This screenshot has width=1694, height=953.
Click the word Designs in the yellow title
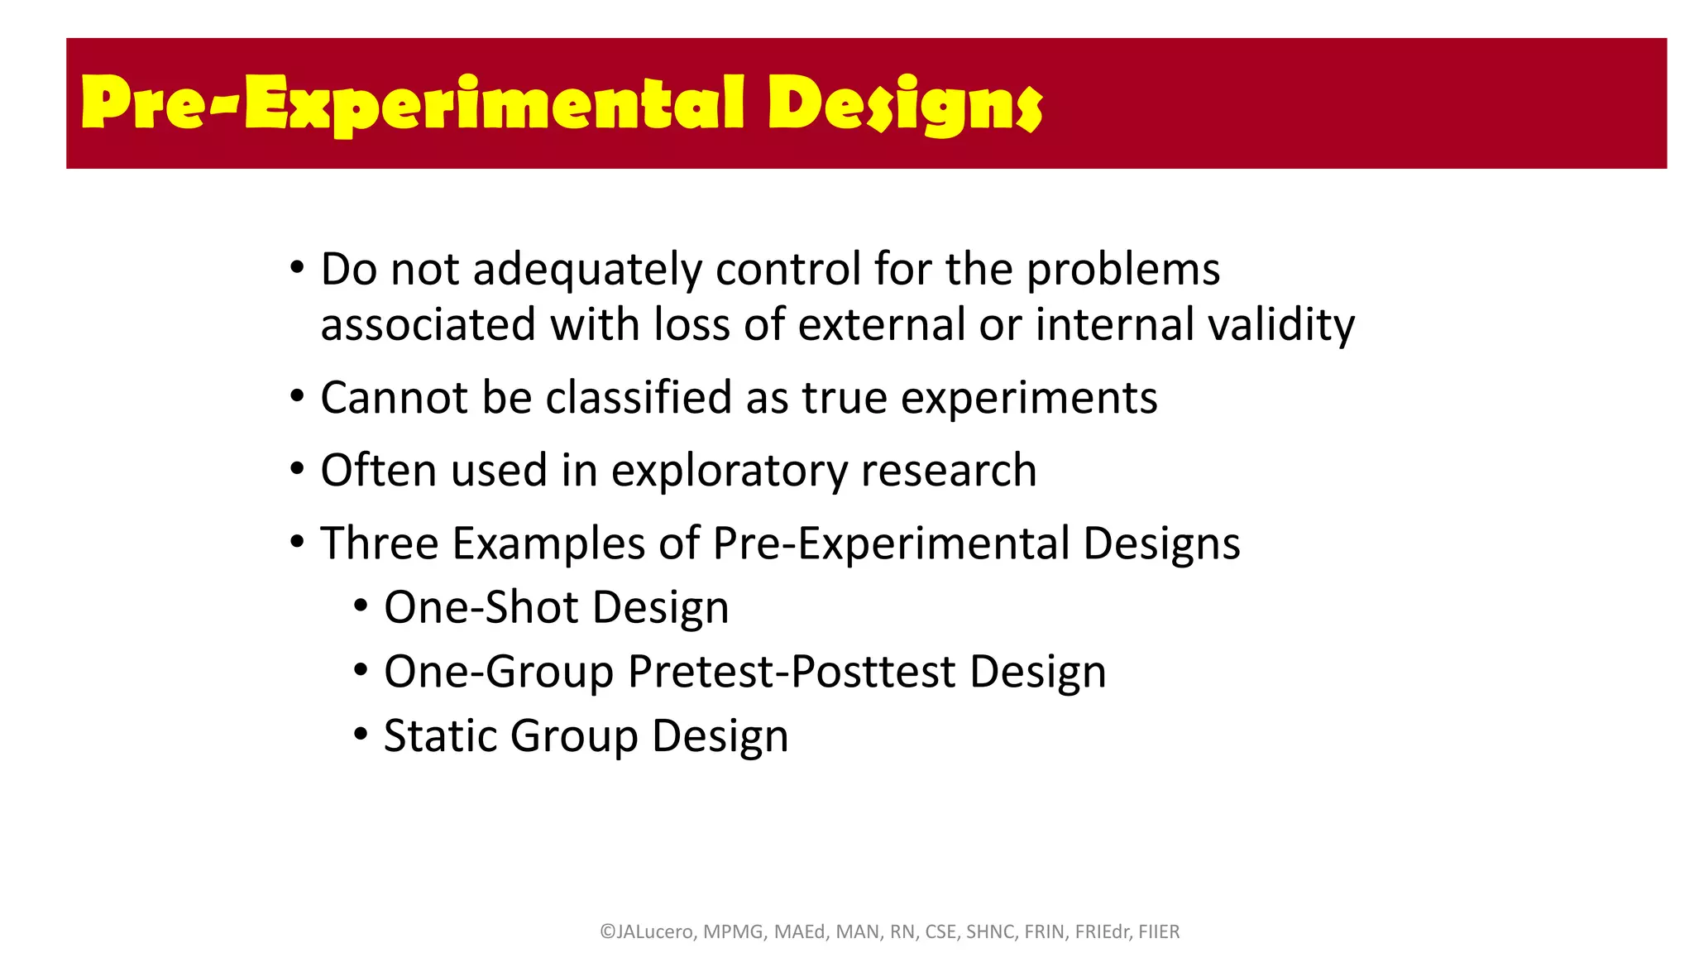[x=905, y=105]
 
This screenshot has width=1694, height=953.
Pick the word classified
[x=639, y=398]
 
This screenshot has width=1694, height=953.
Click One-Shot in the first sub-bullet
[x=481, y=608]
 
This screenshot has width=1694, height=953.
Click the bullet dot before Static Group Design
[x=360, y=735]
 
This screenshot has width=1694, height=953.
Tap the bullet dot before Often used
[x=297, y=470]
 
